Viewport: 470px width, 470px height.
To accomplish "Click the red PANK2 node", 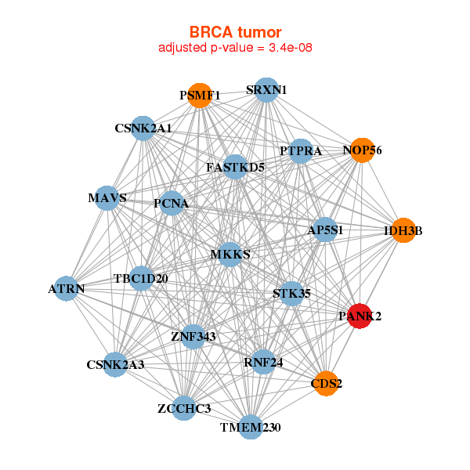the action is (x=359, y=316).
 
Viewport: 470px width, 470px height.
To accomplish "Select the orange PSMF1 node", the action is (x=201, y=95).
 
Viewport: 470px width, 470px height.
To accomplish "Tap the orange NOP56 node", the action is (x=362, y=150).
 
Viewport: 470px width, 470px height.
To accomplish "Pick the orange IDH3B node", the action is (x=403, y=230).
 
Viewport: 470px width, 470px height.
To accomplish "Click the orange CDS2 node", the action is (x=327, y=383).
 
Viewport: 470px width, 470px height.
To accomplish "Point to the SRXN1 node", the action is (x=266, y=90).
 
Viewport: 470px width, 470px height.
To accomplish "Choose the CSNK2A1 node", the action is (x=143, y=128).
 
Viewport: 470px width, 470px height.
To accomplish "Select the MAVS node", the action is (x=108, y=198).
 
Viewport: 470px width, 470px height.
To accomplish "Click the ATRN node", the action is (x=67, y=289).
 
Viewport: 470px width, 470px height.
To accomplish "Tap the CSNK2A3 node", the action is (x=115, y=364).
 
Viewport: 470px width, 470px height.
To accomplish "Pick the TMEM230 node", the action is (x=250, y=427).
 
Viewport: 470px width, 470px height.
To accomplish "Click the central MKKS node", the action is (x=230, y=255).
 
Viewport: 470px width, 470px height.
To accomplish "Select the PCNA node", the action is (x=172, y=204).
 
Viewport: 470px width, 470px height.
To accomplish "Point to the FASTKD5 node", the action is (x=235, y=167).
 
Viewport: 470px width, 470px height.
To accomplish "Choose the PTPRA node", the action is (x=301, y=151).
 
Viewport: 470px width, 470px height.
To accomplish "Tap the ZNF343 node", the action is (x=193, y=336).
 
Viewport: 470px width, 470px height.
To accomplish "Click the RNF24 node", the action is (x=264, y=361).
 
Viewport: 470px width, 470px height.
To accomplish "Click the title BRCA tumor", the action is (x=235, y=32).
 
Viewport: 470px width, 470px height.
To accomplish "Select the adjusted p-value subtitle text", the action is (x=235, y=49).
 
